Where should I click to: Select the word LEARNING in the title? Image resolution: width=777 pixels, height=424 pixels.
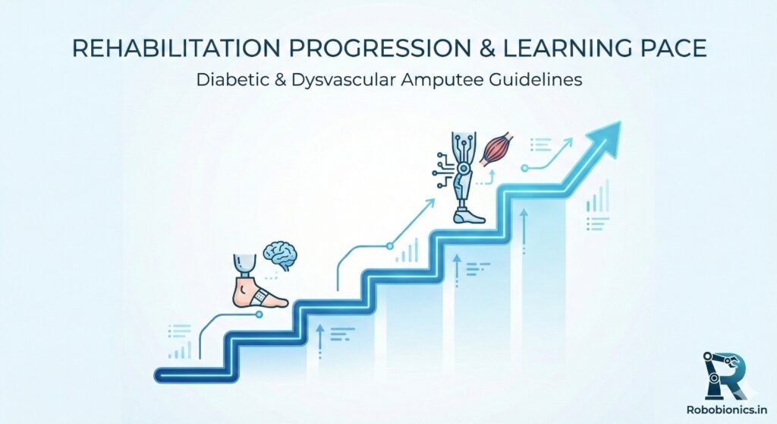pos(558,49)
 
